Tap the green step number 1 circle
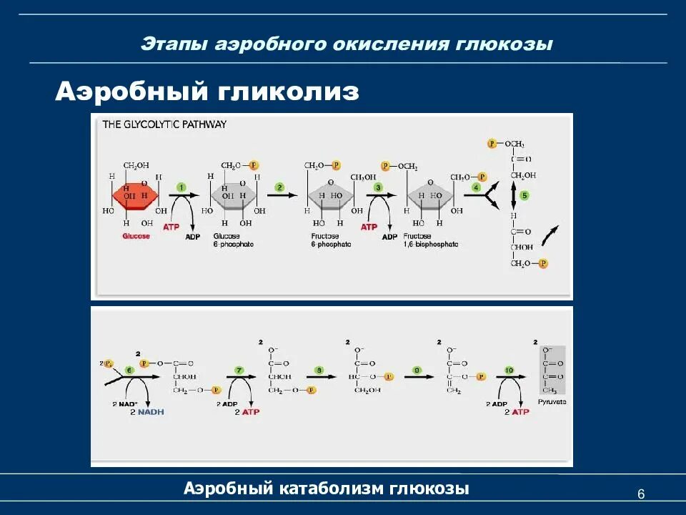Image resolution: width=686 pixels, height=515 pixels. (x=182, y=187)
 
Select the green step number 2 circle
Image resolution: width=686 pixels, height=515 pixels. (x=280, y=187)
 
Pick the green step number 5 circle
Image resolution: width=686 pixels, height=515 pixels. (x=524, y=195)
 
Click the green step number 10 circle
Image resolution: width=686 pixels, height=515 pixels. (x=509, y=369)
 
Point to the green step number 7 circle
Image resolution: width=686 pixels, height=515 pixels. (x=239, y=369)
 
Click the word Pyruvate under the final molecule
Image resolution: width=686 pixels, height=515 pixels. (x=552, y=402)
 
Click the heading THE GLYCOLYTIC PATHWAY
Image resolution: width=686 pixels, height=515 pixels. (x=164, y=124)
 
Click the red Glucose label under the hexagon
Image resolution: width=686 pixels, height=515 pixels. (x=136, y=236)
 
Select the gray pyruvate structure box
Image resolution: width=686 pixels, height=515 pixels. (x=552, y=370)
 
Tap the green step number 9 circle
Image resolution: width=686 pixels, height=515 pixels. (x=417, y=369)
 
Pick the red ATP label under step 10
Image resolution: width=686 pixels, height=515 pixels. (x=520, y=413)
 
